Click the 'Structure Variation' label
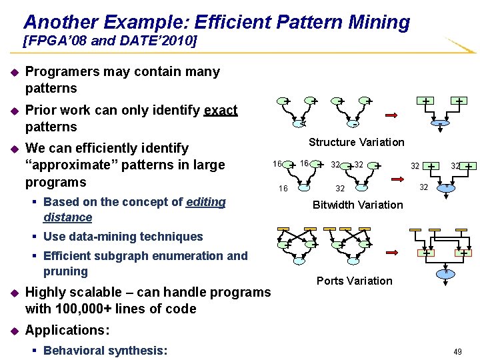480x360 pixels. pyautogui.click(x=356, y=142)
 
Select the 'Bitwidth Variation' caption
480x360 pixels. pyautogui.click(x=357, y=205)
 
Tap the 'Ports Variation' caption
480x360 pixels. pyautogui.click(x=354, y=281)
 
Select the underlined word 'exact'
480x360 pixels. pyautogui.click(x=221, y=110)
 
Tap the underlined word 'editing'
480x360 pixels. pyautogui.click(x=207, y=202)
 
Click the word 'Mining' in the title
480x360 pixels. pyautogui.click(x=377, y=22)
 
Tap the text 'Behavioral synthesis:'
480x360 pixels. pyautogui.click(x=105, y=351)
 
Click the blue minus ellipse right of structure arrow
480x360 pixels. pyautogui.click(x=441, y=123)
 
